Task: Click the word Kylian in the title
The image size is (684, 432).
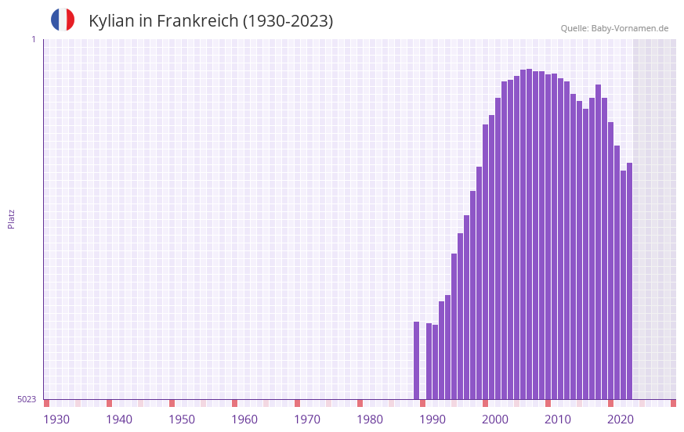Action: tap(112, 21)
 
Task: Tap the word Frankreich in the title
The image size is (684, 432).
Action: tap(197, 21)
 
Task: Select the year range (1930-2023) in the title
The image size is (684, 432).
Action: tap(288, 21)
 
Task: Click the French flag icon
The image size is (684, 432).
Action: tap(63, 20)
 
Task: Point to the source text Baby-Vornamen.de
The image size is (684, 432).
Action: tap(629, 28)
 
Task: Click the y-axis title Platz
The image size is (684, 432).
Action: tap(11, 218)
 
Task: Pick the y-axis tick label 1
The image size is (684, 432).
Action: tap(34, 39)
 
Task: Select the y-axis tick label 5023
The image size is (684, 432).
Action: tap(27, 399)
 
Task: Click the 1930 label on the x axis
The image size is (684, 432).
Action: tap(56, 419)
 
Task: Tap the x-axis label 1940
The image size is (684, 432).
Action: tap(119, 419)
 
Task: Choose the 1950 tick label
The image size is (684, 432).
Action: tap(182, 419)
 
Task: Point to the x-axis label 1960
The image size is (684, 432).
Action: tap(244, 419)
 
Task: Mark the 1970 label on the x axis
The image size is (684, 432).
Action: tap(307, 419)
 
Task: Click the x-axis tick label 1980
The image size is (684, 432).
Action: tap(370, 419)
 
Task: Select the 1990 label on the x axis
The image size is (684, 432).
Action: tap(432, 419)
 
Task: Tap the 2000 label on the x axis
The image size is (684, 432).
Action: tap(495, 419)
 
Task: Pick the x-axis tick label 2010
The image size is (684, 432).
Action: tap(558, 419)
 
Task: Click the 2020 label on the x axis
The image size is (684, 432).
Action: tap(621, 419)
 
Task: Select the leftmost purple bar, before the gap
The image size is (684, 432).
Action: tap(417, 360)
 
